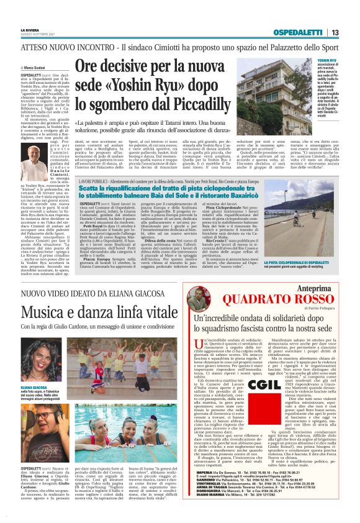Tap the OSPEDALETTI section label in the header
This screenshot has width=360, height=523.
303,32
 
